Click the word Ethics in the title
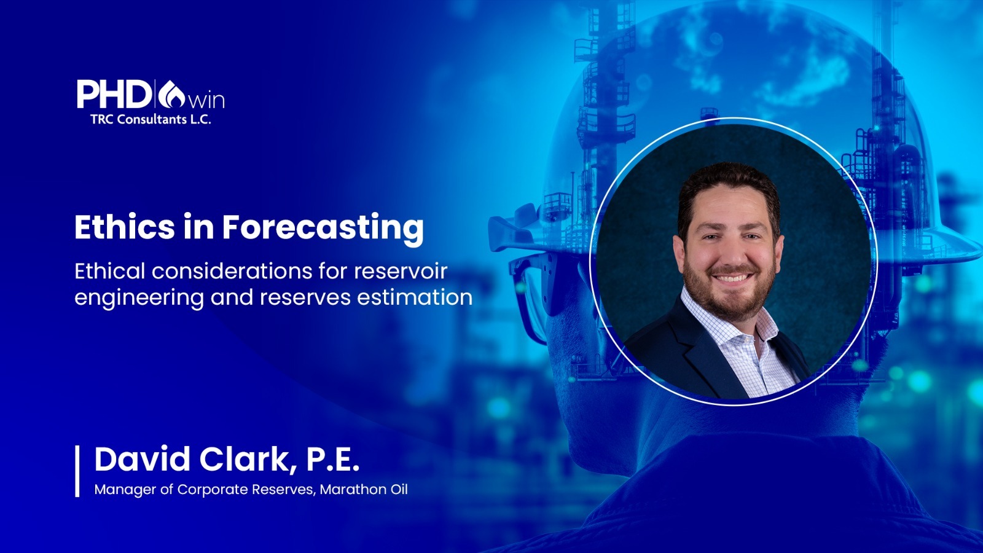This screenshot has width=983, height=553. tap(125, 227)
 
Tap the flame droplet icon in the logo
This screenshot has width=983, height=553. tap(172, 94)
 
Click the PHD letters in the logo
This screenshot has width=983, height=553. tap(113, 94)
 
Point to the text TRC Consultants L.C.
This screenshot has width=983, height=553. tap(151, 119)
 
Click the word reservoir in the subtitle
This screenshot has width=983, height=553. tap(401, 271)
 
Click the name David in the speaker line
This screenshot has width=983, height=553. tap(142, 459)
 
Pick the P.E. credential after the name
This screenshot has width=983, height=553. tap(332, 460)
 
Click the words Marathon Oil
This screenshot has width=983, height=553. tap(364, 489)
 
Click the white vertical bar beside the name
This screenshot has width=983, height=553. tap(77, 471)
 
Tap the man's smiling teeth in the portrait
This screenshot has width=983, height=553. tap(730, 278)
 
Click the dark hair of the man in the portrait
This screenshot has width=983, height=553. tap(729, 184)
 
